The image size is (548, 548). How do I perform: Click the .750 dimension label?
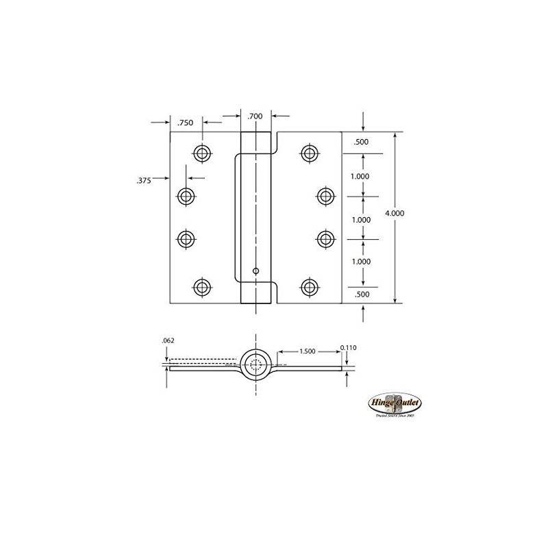(185, 123)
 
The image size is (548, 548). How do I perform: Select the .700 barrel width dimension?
(256, 116)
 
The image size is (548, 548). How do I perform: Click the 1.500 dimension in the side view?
(308, 351)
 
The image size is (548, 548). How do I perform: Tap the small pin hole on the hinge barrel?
(255, 271)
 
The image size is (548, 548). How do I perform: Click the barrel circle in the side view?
(256, 364)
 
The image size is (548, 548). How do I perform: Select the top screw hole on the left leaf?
(201, 153)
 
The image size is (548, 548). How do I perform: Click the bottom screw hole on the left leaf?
(201, 286)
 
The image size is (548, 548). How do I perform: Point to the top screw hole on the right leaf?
(310, 153)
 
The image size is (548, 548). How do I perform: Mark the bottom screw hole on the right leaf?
(310, 286)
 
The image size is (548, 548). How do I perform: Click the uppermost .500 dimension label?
(361, 142)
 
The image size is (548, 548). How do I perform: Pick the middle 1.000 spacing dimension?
(361, 220)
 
